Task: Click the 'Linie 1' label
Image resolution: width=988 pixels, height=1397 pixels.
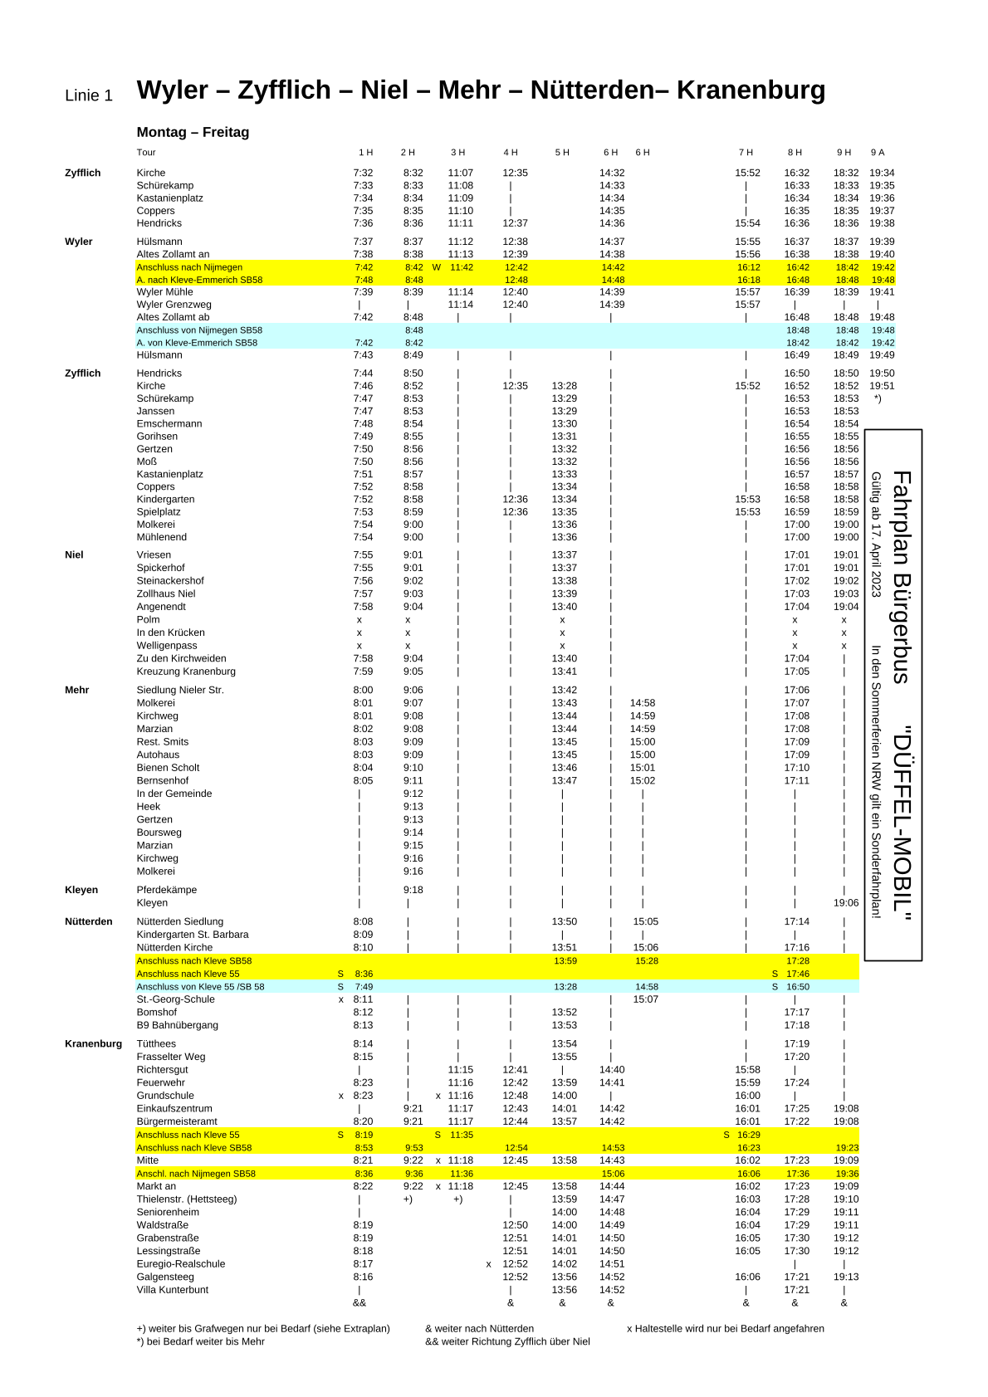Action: coord(89,95)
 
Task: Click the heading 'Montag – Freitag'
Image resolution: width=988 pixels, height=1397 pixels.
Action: coord(193,132)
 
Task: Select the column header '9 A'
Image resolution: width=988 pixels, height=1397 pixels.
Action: coord(878,153)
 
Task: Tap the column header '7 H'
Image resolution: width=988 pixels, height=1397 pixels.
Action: coord(746,153)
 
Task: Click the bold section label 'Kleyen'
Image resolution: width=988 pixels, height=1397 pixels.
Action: coord(81,890)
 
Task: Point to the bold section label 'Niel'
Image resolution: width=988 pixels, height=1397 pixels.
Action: coord(74,555)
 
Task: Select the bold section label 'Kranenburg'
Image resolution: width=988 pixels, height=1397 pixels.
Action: coord(93,1044)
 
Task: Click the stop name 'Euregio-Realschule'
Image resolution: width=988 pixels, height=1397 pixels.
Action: coord(181,1264)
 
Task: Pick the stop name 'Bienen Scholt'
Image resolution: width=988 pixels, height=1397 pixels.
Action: coord(168,768)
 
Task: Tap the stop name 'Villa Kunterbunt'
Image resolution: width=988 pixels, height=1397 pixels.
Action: coord(173,1290)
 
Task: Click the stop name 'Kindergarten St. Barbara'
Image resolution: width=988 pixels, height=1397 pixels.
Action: coord(193,935)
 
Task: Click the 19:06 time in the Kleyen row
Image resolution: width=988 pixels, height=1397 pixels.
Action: coord(846,903)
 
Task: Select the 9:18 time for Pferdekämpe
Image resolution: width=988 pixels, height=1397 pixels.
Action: coord(413,890)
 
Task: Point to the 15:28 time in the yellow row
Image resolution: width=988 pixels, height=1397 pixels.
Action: coord(647,961)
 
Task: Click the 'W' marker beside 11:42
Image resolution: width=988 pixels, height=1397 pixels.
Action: coord(437,267)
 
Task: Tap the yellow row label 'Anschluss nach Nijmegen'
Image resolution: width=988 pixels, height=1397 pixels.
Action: coord(189,267)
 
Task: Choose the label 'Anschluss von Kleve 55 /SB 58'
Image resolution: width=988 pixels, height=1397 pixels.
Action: coord(200,987)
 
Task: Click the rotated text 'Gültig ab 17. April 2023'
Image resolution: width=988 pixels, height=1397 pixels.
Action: coord(876,535)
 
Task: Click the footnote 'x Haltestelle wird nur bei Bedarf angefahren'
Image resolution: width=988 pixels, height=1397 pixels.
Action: coord(725,1329)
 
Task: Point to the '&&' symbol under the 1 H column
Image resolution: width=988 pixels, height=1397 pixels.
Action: coord(359,1303)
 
